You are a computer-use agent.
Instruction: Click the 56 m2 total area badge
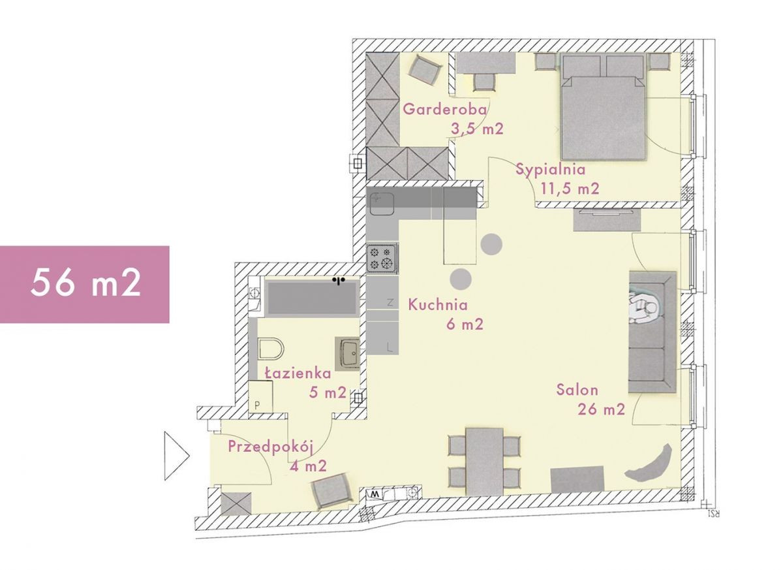point(85,284)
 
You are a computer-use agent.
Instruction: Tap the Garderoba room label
point(444,109)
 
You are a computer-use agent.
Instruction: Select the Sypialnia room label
point(551,170)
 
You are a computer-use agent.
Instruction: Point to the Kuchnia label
point(438,305)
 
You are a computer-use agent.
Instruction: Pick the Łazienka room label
point(298,373)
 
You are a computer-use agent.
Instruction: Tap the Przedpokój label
point(271,447)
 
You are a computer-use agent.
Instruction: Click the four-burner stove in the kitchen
point(382,257)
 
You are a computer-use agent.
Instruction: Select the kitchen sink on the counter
point(382,203)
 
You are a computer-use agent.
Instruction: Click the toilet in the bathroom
point(271,348)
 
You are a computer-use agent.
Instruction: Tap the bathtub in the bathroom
point(312,298)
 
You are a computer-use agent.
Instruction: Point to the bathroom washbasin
point(347,353)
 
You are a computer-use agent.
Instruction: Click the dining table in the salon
point(484,462)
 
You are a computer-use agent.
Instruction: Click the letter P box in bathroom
point(260,396)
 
